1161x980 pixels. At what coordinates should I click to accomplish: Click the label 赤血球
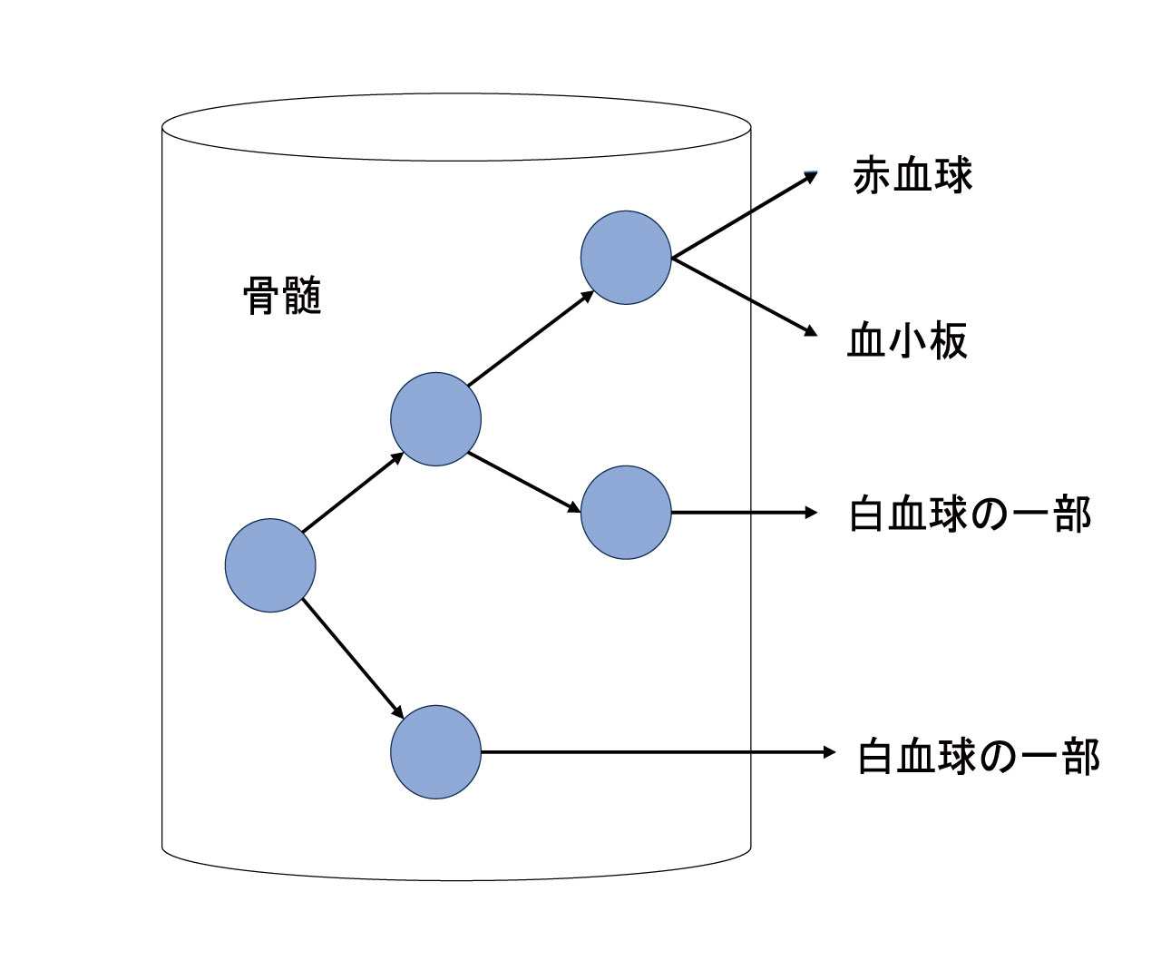[912, 176]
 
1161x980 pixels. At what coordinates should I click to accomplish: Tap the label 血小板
[908, 342]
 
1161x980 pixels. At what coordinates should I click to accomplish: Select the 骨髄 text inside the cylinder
[283, 296]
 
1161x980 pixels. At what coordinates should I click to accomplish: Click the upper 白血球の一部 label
[970, 514]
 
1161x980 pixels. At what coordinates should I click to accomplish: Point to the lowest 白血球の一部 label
[978, 757]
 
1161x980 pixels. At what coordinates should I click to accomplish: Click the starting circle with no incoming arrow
[270, 565]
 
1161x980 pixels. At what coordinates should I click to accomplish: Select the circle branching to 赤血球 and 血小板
[626, 258]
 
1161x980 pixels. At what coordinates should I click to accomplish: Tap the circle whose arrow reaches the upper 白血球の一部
[626, 513]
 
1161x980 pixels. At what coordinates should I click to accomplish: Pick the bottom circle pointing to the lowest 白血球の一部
[436, 752]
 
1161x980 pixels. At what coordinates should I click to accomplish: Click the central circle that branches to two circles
[436, 419]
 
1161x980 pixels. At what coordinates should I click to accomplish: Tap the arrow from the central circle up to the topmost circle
[531, 338]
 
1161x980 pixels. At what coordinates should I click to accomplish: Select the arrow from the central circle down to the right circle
[524, 483]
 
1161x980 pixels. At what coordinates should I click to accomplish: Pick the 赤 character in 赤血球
[872, 176]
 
